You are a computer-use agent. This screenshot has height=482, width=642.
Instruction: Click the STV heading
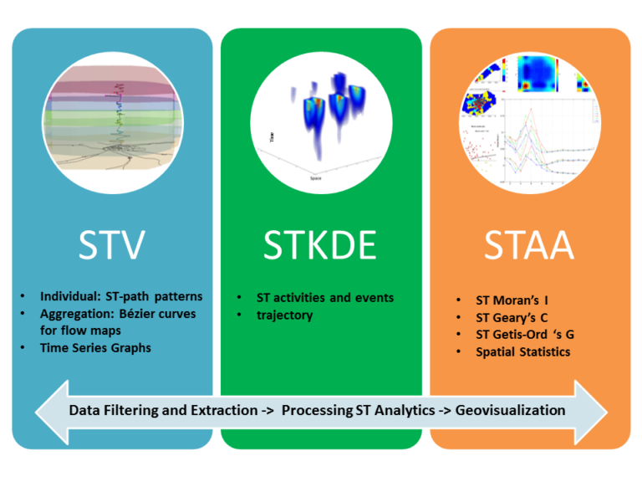(112, 245)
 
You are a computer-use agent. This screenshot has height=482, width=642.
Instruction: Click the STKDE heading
(321, 245)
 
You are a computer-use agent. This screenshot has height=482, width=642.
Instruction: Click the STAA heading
(530, 245)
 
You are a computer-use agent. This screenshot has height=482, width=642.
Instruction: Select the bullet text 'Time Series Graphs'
(95, 347)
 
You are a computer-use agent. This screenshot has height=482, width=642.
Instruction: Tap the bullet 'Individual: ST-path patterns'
(121, 296)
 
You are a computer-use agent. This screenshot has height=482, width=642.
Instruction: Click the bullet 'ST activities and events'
(325, 297)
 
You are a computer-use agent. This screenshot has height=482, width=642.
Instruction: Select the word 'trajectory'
(284, 315)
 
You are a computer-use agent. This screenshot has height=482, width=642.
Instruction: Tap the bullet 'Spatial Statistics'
(523, 352)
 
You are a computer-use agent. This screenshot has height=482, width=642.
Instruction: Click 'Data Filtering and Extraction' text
(164, 410)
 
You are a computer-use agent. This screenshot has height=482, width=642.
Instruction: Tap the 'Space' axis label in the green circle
(316, 178)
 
